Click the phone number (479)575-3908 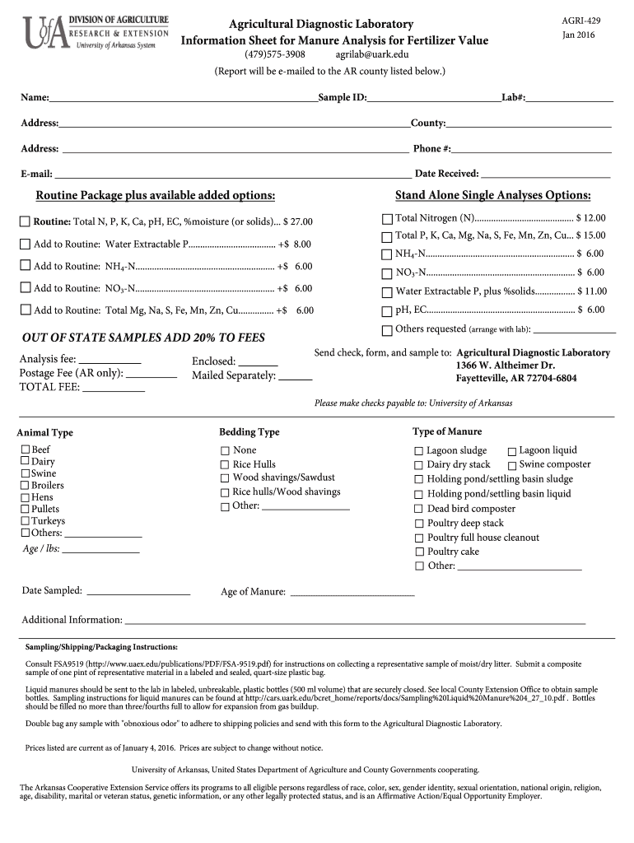[x=275, y=54]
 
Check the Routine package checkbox [x=25, y=222]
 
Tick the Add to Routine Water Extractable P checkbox [x=25, y=244]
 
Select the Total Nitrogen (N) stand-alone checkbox [x=387, y=218]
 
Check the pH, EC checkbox [x=387, y=310]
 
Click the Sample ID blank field [x=434, y=98]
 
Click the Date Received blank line [x=545, y=174]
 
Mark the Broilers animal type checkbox [x=25, y=486]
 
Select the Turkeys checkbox [x=25, y=521]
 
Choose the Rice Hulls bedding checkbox [x=225, y=464]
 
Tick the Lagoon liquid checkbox [x=511, y=451]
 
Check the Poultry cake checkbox [x=419, y=552]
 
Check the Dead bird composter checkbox [x=419, y=509]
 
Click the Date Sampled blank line [x=138, y=591]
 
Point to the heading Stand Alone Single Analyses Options [x=492, y=195]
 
